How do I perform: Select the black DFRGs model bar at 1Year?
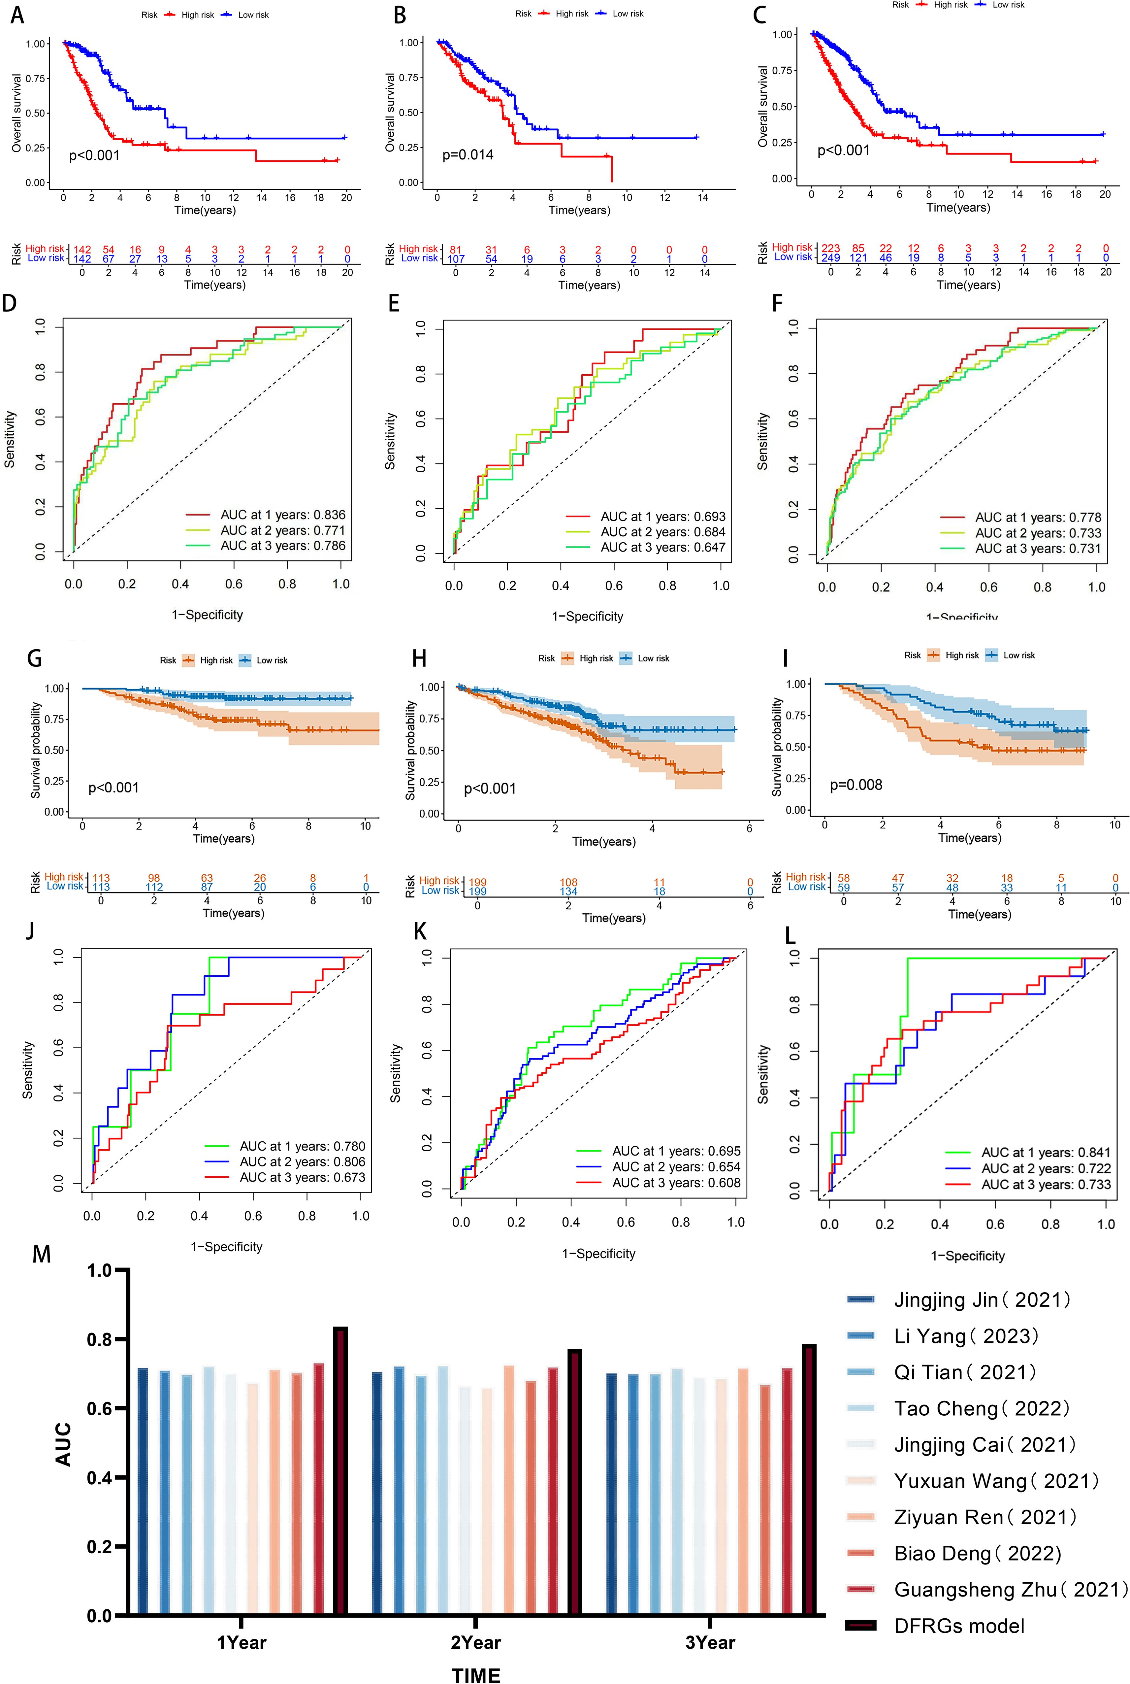click(x=340, y=1471)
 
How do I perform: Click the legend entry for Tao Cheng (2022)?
click(x=982, y=1409)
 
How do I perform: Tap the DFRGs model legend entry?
click(x=958, y=1626)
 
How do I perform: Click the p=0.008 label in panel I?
click(x=856, y=784)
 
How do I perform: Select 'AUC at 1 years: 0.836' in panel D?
click(x=282, y=515)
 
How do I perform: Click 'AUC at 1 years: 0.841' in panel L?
click(x=1046, y=1152)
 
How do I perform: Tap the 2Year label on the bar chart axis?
click(x=476, y=1642)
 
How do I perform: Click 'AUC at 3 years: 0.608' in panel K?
click(x=676, y=1182)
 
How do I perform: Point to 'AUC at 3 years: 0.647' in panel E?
click(x=663, y=547)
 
